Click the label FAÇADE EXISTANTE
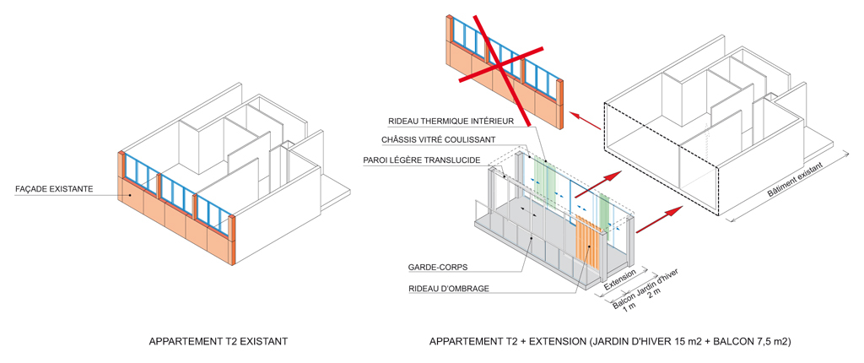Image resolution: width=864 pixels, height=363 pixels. pyautogui.click(x=55, y=189)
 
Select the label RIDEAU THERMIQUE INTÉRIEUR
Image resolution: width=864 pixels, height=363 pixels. pyautogui.click(x=451, y=121)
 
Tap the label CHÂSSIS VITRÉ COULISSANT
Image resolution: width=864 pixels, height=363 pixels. pyautogui.click(x=437, y=139)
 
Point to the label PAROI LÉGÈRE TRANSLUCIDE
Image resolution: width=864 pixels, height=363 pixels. pyautogui.click(x=426, y=160)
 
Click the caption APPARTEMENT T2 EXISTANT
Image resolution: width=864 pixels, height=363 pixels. pyautogui.click(x=219, y=342)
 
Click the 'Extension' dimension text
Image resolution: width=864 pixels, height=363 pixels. pyautogui.click(x=620, y=279)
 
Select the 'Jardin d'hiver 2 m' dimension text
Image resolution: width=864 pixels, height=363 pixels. pyautogui.click(x=663, y=284)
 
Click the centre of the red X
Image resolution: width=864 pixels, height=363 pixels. pyautogui.click(x=500, y=66)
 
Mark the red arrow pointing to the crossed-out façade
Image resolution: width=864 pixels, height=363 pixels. pyautogui.click(x=585, y=122)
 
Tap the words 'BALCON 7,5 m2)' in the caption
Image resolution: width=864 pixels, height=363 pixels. pyautogui.click(x=750, y=342)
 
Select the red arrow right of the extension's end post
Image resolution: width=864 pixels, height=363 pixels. pyautogui.click(x=658, y=220)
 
